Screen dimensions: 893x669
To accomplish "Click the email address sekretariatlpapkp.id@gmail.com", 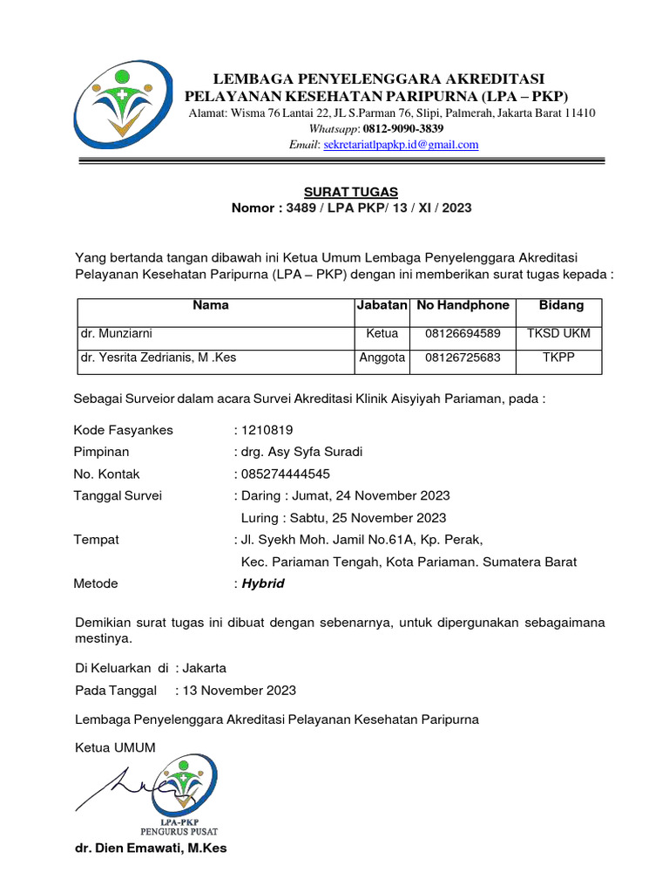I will coord(401,145).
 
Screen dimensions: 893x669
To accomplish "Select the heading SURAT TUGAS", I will coord(351,192).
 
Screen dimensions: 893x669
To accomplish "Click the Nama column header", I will coord(211,305).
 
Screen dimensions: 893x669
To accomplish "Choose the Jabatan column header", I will coord(382,305).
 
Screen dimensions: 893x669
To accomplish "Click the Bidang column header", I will coord(561,305).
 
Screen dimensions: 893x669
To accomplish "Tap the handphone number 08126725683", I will coord(463,358).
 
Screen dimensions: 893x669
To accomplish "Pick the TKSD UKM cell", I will coord(558,333).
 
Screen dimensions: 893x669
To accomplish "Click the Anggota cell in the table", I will coord(382,358).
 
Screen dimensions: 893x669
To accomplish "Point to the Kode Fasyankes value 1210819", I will coord(267,430).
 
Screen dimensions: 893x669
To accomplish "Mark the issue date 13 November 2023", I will coord(239,691).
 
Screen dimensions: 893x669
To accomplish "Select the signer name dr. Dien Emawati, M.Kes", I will coord(151,848).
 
